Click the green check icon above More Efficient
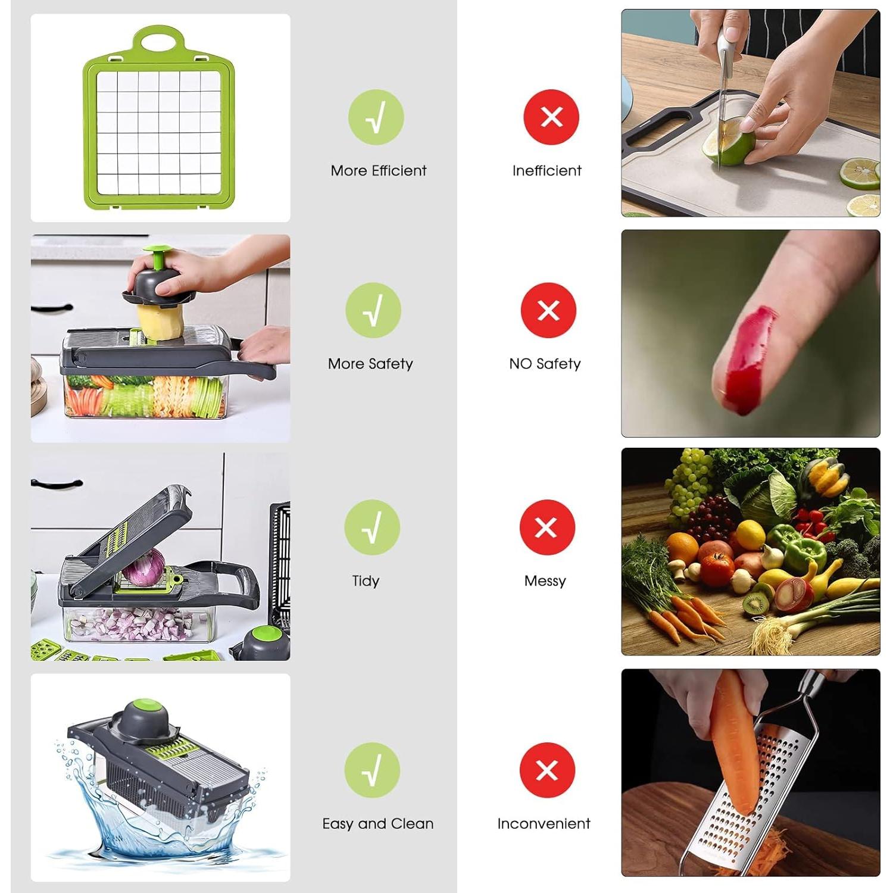pos(376,117)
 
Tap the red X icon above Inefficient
pos(551,117)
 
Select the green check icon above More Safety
pos(373,310)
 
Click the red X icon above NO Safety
pos(548,310)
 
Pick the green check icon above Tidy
pos(372,527)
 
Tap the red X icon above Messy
pos(547,527)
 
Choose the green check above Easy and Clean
pos(372,770)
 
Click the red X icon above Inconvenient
pos(547,770)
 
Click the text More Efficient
pos(379,171)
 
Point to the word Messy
pos(545,581)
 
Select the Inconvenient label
pos(544,824)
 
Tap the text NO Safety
pos(545,364)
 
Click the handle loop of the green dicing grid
pos(159,40)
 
